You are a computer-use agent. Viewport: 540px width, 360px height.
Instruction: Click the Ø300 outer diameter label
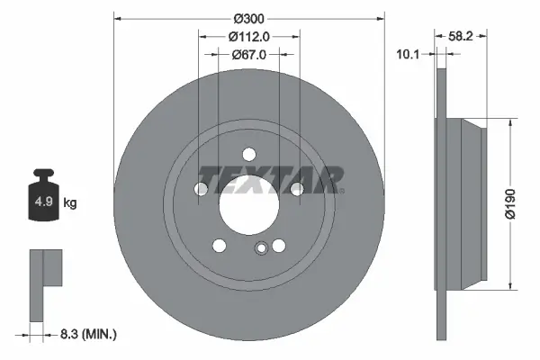(x=248, y=19)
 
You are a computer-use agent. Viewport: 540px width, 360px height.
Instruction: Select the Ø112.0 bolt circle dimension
(x=248, y=37)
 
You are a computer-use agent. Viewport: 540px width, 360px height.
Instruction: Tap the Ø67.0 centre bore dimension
(x=248, y=55)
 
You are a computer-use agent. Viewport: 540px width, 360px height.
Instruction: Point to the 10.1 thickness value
(x=409, y=54)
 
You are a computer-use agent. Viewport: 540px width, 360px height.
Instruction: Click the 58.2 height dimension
(x=461, y=35)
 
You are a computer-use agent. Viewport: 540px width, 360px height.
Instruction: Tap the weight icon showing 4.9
(x=43, y=199)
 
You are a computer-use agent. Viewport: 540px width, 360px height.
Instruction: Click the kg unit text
(x=69, y=203)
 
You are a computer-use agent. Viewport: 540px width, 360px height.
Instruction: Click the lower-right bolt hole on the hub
(x=279, y=246)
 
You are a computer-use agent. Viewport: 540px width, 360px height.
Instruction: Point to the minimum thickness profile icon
(x=44, y=283)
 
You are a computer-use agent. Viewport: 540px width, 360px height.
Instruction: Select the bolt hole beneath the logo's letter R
(x=296, y=188)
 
